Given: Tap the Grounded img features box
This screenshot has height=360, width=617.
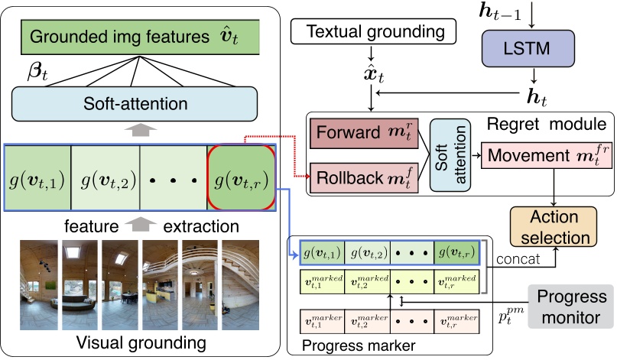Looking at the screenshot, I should pyautogui.click(x=138, y=36).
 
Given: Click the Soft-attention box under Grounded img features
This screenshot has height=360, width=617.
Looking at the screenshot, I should pyautogui.click(x=138, y=101).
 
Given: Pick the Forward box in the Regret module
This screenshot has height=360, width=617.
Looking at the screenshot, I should pyautogui.click(x=362, y=135).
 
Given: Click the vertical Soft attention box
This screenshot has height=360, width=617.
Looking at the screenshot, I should pyautogui.click(x=447, y=156).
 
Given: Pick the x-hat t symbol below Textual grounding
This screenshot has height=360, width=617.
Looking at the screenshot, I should pyautogui.click(x=370, y=75).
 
